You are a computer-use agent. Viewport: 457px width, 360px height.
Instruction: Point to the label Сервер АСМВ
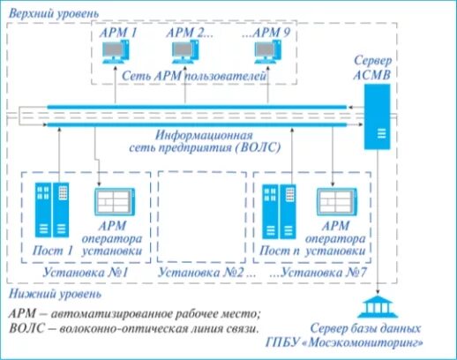[378, 65]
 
